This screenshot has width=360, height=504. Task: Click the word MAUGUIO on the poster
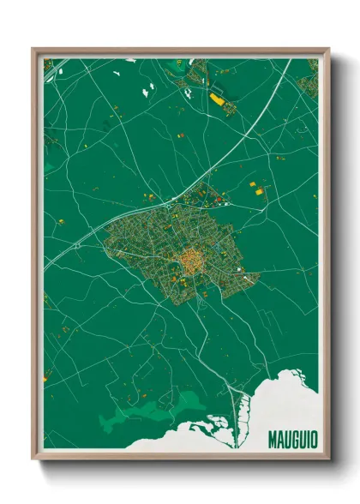[292, 439]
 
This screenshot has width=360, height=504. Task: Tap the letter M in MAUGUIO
[272, 439]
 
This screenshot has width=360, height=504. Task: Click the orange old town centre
[189, 257]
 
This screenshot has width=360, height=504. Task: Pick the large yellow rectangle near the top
[217, 100]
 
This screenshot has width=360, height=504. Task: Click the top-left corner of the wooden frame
[33, 50]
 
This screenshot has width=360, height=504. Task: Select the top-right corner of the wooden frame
[328, 50]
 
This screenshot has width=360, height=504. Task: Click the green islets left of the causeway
[214, 429]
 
